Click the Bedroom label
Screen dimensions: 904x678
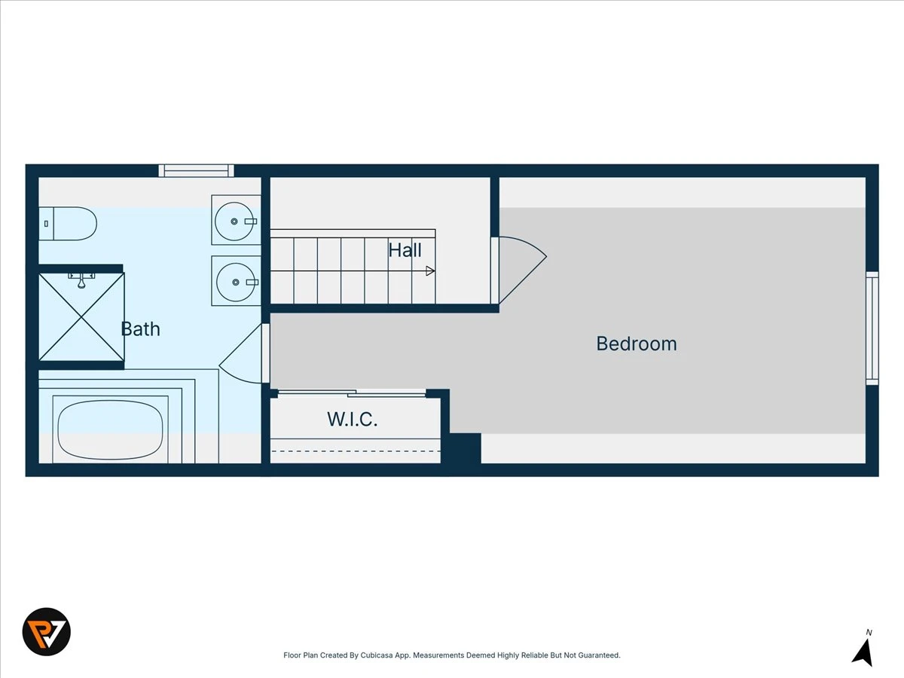pyautogui.click(x=637, y=344)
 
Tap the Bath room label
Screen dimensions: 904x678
pyautogui.click(x=140, y=329)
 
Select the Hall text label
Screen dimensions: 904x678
pyautogui.click(x=405, y=250)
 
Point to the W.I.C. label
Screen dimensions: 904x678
pyautogui.click(x=353, y=419)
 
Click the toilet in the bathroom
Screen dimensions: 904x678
pyautogui.click(x=68, y=224)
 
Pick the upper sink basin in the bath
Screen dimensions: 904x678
pyautogui.click(x=234, y=221)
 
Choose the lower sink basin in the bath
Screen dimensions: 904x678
pyautogui.click(x=236, y=282)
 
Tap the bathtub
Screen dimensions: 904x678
pyautogui.click(x=111, y=429)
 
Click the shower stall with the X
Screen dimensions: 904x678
pyautogui.click(x=81, y=317)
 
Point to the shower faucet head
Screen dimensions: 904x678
pyautogui.click(x=81, y=280)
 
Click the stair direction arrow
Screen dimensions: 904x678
pyautogui.click(x=430, y=271)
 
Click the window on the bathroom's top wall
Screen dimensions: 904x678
pyautogui.click(x=197, y=171)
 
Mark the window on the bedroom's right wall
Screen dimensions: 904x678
pyautogui.click(x=872, y=328)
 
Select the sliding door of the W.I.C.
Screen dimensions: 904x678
pyautogui.click(x=352, y=393)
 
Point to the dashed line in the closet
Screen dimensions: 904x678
pyautogui.click(x=356, y=451)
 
